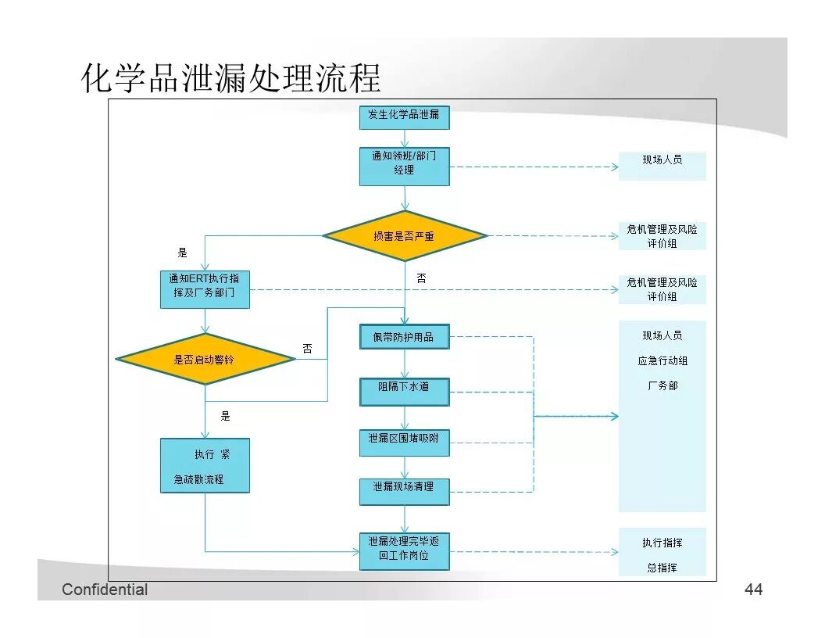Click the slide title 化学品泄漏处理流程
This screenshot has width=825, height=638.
(231, 79)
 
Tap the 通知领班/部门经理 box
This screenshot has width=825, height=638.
(404, 167)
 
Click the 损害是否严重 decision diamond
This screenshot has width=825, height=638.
(404, 235)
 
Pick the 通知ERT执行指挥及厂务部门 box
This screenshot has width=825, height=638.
(205, 289)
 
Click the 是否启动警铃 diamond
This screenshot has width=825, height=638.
(205, 359)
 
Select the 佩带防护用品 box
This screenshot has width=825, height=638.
(404, 337)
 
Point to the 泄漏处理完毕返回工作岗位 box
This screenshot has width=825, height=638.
(404, 550)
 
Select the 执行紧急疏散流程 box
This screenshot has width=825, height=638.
(205, 465)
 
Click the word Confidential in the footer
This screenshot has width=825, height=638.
(105, 590)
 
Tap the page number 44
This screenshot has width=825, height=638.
(753, 590)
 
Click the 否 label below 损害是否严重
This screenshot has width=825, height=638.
(421, 278)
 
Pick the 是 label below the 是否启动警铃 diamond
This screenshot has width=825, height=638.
(225, 416)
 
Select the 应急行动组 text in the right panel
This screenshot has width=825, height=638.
(662, 360)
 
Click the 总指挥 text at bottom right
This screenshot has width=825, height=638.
(662, 568)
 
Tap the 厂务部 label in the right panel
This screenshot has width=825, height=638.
(662, 385)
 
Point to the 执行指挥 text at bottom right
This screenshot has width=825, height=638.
(662, 543)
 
